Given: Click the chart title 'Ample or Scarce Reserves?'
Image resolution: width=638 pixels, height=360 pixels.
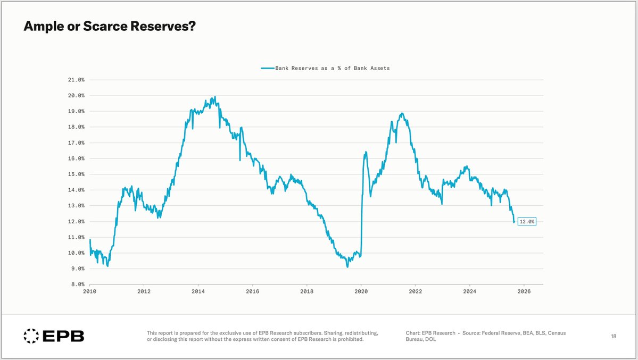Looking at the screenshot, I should [x=110, y=26].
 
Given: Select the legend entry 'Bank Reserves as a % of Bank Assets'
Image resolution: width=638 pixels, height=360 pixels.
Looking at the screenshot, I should [x=332, y=68].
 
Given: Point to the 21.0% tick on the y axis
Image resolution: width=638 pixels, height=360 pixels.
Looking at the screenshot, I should [x=74, y=80].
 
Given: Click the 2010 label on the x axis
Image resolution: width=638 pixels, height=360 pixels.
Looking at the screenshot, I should [x=89, y=291].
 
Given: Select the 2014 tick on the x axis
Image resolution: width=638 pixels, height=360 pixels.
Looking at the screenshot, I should [x=198, y=291].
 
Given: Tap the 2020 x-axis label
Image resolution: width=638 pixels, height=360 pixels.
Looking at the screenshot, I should [x=361, y=291].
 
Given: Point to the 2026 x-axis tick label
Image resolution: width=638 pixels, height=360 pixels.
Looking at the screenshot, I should [x=524, y=291].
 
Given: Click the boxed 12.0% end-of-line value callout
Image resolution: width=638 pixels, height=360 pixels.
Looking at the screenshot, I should [x=527, y=221].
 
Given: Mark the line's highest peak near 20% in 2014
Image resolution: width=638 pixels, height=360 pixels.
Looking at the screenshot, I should [x=214, y=97].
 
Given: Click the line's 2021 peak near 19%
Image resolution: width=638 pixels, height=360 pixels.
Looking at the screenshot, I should [x=402, y=113].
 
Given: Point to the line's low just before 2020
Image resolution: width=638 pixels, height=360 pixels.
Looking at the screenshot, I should [x=347, y=266].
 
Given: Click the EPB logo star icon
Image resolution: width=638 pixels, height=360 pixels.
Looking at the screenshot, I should [x=31, y=336].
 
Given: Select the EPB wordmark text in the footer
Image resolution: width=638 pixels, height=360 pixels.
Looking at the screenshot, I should [x=63, y=336].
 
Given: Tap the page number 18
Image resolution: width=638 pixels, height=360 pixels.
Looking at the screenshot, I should [x=614, y=336].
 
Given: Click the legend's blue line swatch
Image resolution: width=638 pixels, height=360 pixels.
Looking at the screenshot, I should [x=267, y=68].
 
